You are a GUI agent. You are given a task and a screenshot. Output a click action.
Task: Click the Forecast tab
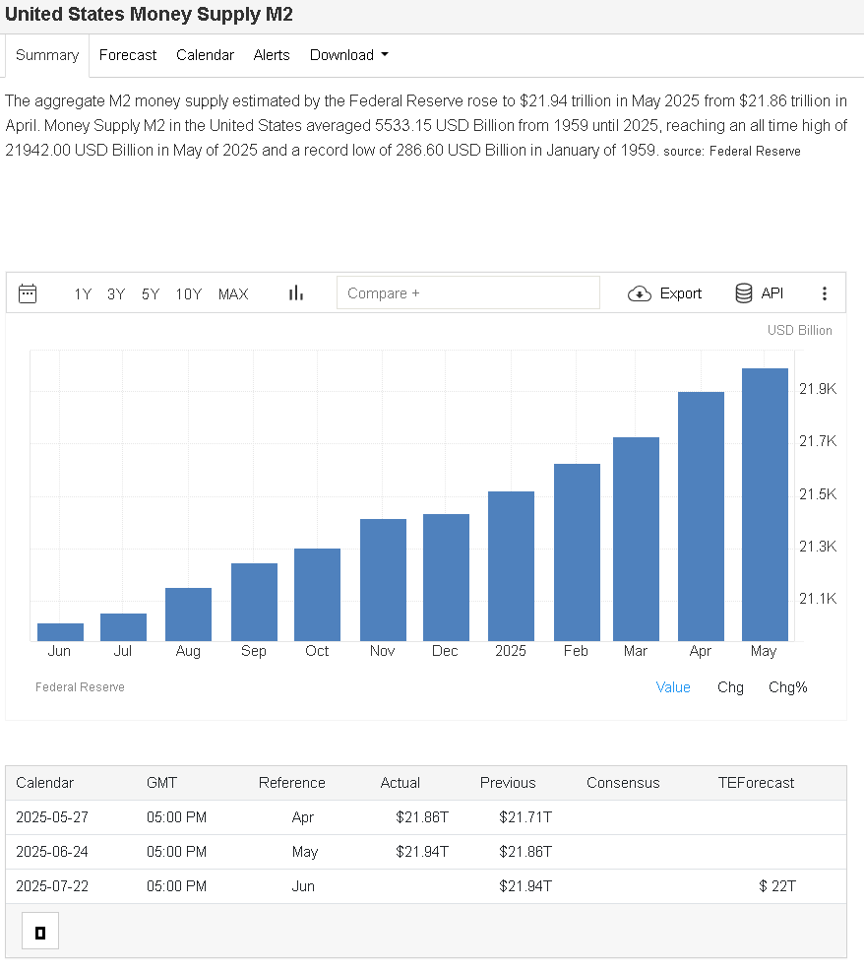pyautogui.click(x=128, y=55)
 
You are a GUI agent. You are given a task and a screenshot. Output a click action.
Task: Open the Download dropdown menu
pyautogui.click(x=348, y=55)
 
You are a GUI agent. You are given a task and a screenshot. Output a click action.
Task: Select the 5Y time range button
pyautogui.click(x=151, y=293)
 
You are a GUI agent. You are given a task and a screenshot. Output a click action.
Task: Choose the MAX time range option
pyautogui.click(x=233, y=293)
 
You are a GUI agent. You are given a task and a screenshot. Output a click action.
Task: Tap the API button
pyautogui.click(x=759, y=293)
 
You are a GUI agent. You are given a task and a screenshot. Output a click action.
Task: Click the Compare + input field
pyautogui.click(x=467, y=293)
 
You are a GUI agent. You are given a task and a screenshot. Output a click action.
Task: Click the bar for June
pyautogui.click(x=60, y=631)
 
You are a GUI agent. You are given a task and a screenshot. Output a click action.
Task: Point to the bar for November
pyautogui.click(x=383, y=579)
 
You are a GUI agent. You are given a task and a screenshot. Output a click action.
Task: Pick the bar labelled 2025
pyautogui.click(x=511, y=565)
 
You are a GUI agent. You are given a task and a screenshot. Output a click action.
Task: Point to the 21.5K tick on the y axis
pyautogui.click(x=817, y=493)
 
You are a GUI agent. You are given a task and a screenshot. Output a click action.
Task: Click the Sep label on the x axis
pyautogui.click(x=253, y=651)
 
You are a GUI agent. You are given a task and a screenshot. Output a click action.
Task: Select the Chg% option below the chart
pyautogui.click(x=787, y=687)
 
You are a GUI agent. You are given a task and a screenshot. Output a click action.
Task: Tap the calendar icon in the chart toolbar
pyautogui.click(x=28, y=293)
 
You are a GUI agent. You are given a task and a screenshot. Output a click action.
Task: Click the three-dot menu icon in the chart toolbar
pyautogui.click(x=825, y=293)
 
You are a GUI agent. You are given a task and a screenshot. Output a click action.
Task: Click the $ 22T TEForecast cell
pyautogui.click(x=777, y=886)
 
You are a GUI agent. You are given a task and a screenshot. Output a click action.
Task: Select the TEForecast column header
pyautogui.click(x=756, y=783)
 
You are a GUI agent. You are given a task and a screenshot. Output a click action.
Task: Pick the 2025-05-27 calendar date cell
pyautogui.click(x=52, y=817)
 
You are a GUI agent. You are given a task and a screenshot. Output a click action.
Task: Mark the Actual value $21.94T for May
pyautogui.click(x=422, y=852)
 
